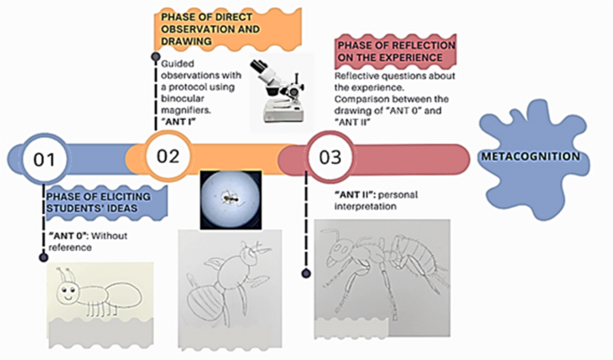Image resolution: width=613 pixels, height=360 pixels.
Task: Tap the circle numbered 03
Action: point(329,159)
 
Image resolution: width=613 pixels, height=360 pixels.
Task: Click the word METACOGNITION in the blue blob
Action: point(530,156)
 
